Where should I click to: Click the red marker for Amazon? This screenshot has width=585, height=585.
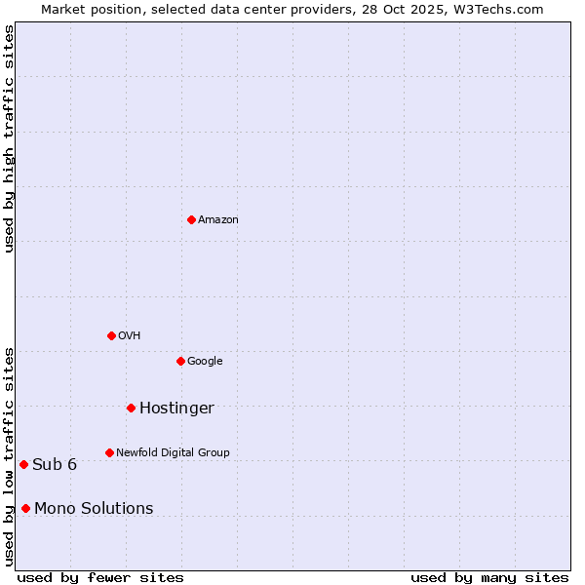pyautogui.click(x=191, y=219)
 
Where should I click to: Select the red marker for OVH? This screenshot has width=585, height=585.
pyautogui.click(x=111, y=335)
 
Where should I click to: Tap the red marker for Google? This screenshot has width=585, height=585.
pyautogui.click(x=180, y=361)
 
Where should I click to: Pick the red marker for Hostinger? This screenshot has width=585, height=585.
pyautogui.click(x=131, y=408)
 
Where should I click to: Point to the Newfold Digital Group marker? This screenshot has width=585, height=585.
pyautogui.click(x=109, y=452)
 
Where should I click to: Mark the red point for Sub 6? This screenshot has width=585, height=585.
pyautogui.click(x=23, y=464)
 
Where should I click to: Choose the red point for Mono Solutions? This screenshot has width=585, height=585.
pyautogui.click(x=25, y=508)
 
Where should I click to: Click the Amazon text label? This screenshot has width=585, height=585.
pyautogui.click(x=218, y=220)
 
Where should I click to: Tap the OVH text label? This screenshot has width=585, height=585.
pyautogui.click(x=130, y=336)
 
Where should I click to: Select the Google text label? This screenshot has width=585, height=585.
pyautogui.click(x=205, y=362)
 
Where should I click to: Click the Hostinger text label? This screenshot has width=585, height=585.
pyautogui.click(x=176, y=409)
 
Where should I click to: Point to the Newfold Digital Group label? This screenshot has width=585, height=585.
pyautogui.click(x=173, y=453)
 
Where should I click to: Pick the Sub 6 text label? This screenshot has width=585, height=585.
pyautogui.click(x=55, y=465)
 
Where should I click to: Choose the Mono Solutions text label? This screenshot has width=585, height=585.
pyautogui.click(x=94, y=509)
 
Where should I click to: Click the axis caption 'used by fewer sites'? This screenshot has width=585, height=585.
pyautogui.click(x=100, y=577)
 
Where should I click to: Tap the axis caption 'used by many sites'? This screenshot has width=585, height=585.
pyautogui.click(x=489, y=577)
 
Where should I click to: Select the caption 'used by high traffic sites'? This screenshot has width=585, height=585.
pyautogui.click(x=9, y=138)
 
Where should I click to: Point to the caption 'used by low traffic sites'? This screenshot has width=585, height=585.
pyautogui.click(x=9, y=455)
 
